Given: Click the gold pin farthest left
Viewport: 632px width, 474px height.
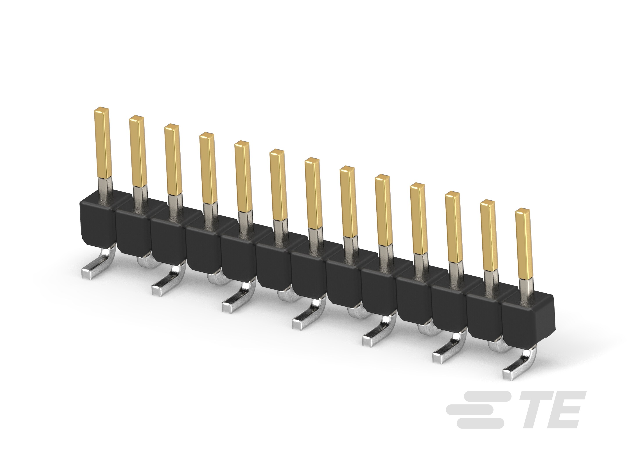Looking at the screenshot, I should (102, 143).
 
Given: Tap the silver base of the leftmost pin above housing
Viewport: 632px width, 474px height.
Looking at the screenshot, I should (106, 187).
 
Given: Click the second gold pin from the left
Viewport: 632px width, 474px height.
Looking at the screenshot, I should (137, 151).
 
